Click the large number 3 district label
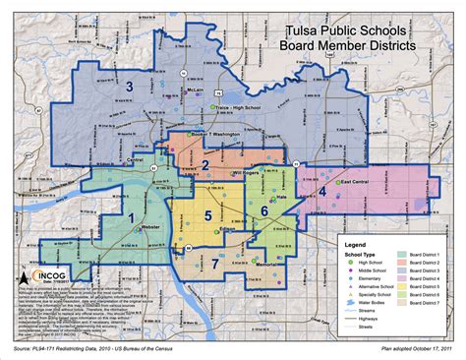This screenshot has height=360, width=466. coord(129,89)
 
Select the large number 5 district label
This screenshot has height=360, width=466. coord(208,215)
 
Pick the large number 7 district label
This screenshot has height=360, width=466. coord(212,263)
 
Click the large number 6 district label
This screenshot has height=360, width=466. coord(263,210)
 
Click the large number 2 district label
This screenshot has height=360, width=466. coord(204,164)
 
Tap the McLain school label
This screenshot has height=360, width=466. coord(195,90)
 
